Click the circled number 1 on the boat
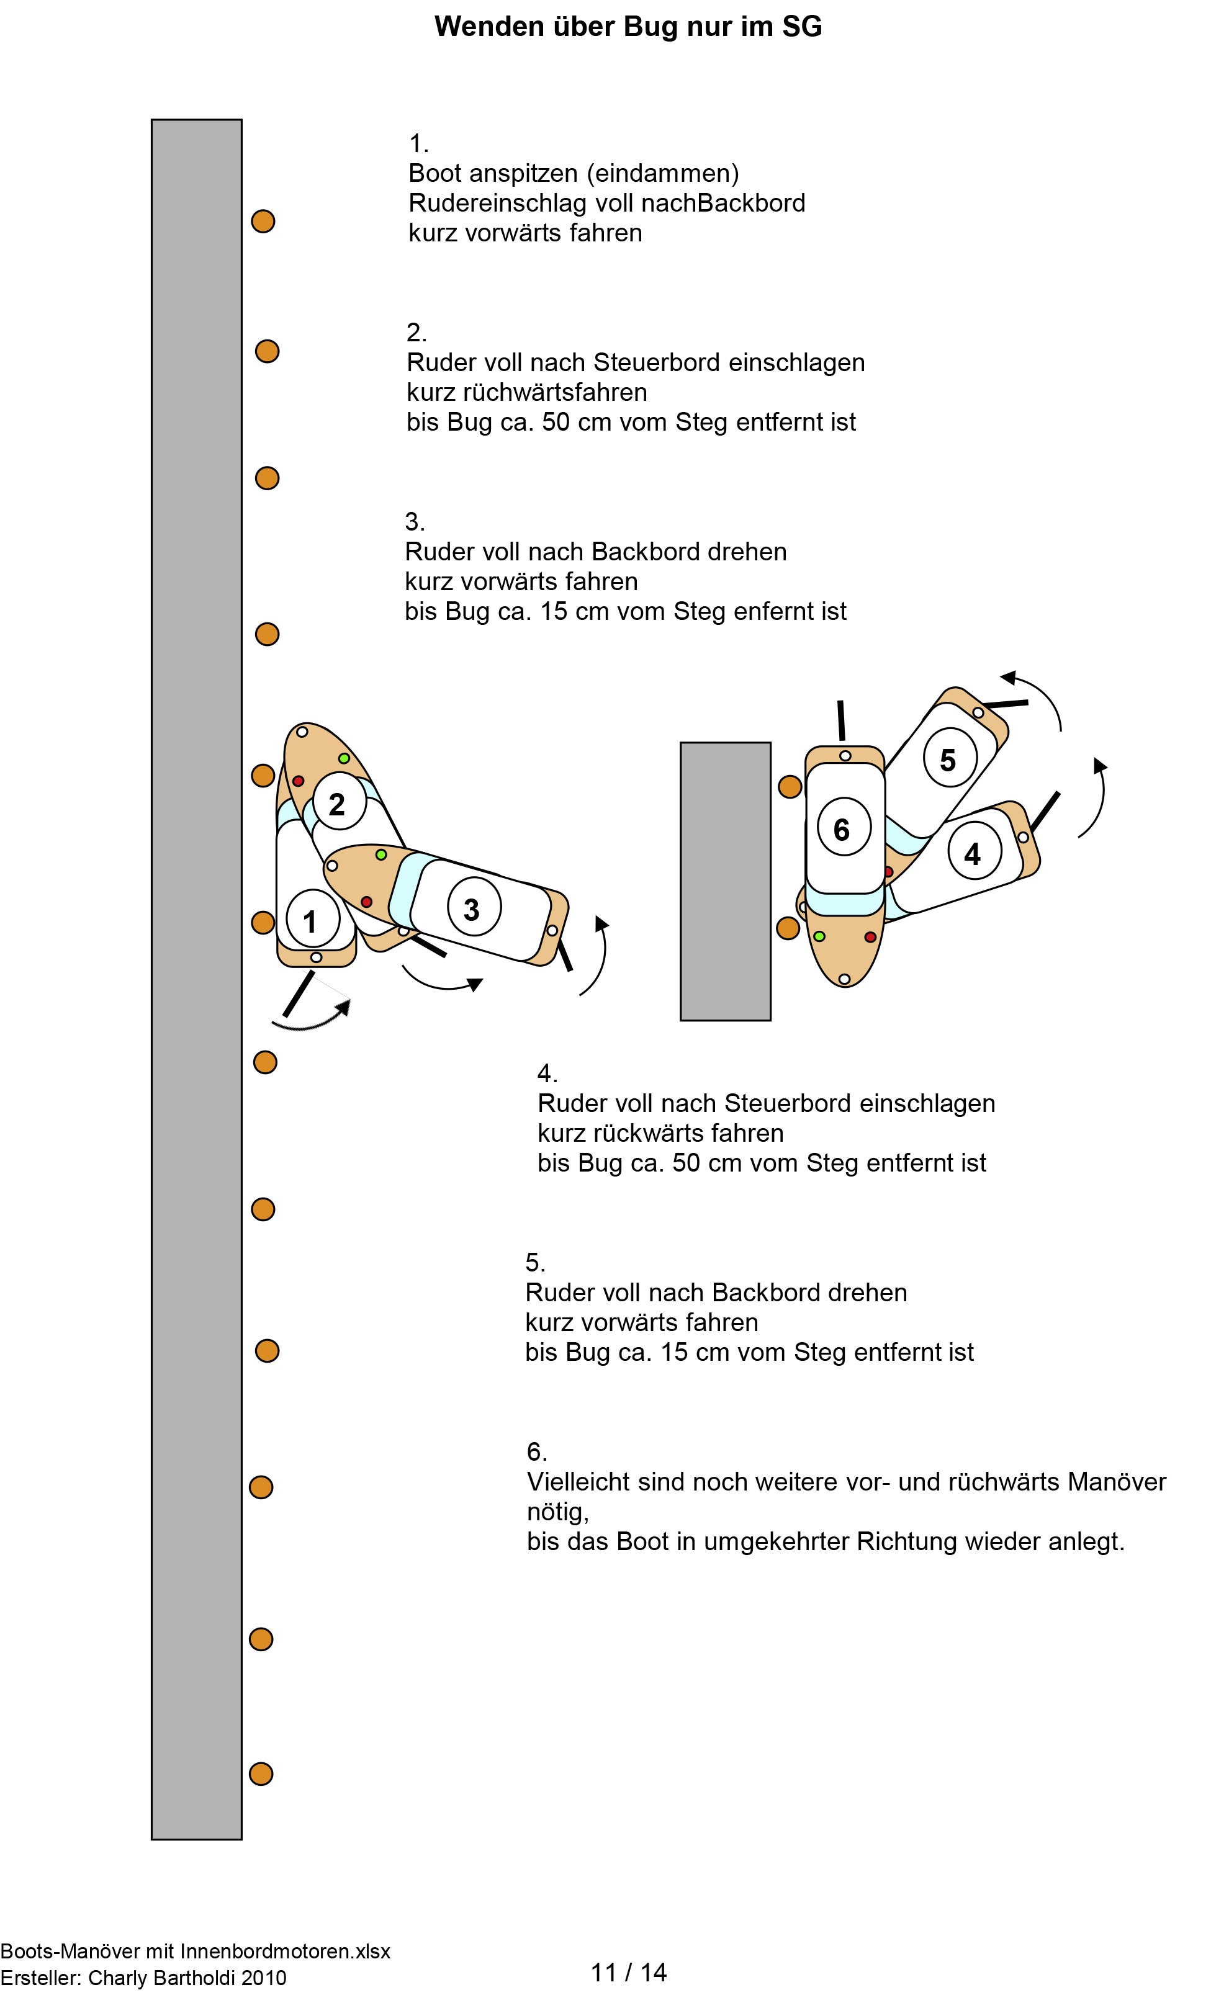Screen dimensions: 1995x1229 310,921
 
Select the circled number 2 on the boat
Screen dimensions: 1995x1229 337,804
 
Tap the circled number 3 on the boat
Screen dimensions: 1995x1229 472,908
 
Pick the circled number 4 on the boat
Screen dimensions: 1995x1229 972,853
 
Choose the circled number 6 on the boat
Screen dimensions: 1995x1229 842,829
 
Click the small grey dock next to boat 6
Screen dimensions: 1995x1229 725,881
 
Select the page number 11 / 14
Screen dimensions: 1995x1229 628,1971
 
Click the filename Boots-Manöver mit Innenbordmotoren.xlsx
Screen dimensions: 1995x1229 195,1950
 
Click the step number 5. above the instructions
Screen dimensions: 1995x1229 535,1262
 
